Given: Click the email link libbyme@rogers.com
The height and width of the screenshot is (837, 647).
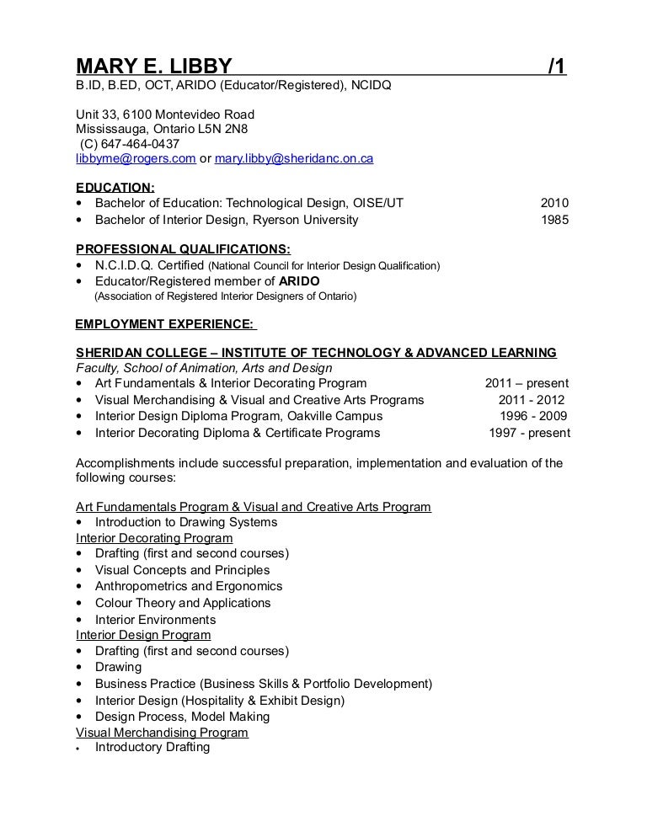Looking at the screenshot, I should point(136,158).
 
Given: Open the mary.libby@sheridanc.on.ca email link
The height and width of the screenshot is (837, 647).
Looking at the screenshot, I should point(294,158).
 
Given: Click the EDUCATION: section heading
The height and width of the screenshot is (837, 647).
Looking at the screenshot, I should point(115,188).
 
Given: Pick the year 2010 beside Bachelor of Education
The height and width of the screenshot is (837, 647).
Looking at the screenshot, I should point(553,203).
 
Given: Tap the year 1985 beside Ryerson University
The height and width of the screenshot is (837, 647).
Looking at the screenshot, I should point(553,220).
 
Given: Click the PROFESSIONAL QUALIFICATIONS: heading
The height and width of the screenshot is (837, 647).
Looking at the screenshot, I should point(183,249).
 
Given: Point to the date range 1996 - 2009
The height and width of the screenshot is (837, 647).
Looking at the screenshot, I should point(533,416).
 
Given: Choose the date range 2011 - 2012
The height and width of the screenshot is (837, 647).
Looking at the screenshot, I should point(532,400).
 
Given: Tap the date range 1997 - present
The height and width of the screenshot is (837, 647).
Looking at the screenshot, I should point(529,434).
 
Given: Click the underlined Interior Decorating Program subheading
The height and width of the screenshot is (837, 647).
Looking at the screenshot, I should point(154,538).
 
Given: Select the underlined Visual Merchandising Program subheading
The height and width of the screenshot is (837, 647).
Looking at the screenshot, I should point(162,733).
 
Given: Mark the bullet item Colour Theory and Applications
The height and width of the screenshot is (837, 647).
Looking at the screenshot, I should point(183,603).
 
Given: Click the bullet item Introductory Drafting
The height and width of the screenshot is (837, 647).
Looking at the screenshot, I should point(152,747).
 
